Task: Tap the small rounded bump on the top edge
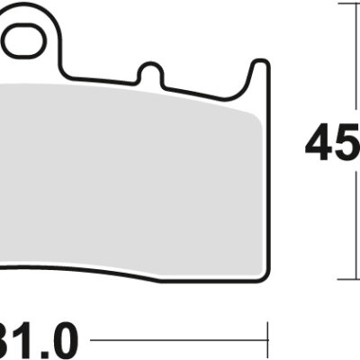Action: click(151, 67)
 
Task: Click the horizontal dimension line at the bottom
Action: click(180, 342)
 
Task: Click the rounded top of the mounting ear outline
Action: click(27, 9)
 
